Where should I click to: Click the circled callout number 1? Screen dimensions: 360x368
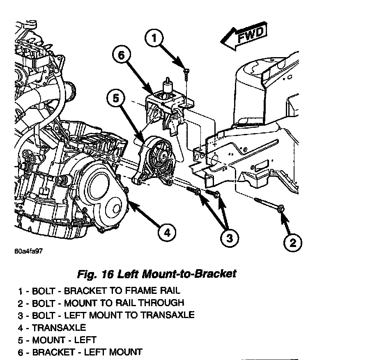tap(154, 39)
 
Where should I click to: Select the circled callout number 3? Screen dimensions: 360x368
tap(229, 237)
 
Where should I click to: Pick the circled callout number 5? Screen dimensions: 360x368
tap(117, 99)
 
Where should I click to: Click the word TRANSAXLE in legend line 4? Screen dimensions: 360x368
tap(59, 328)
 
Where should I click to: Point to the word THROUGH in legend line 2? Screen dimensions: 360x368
tap(163, 303)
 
